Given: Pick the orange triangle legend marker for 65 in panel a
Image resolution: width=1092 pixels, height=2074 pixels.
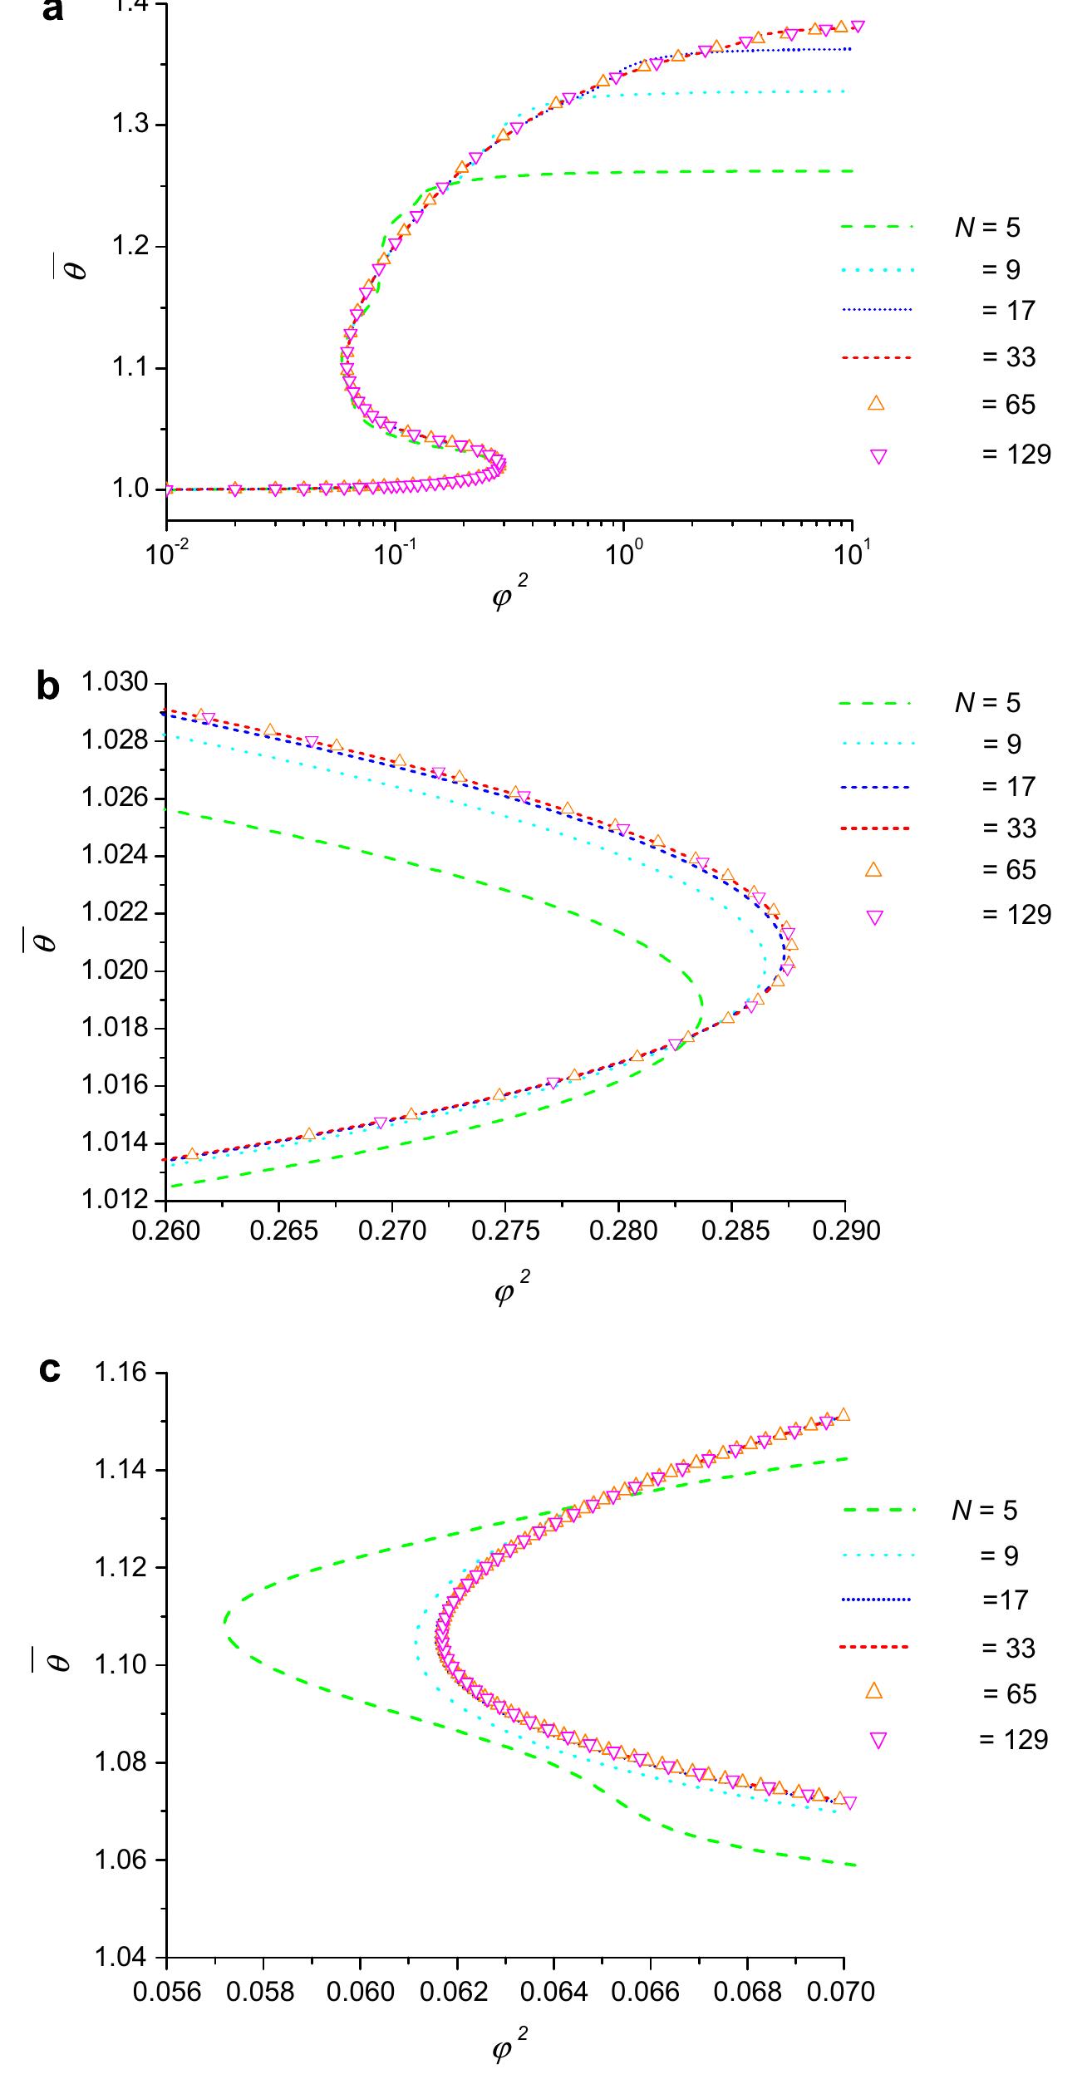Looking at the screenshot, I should pos(876,404).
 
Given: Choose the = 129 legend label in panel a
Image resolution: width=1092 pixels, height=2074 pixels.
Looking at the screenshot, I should pos(1016,455).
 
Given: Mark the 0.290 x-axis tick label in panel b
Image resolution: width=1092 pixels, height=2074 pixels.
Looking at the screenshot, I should pos(845,1231).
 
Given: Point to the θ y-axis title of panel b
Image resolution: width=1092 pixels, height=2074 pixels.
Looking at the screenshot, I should pos(47,940).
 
